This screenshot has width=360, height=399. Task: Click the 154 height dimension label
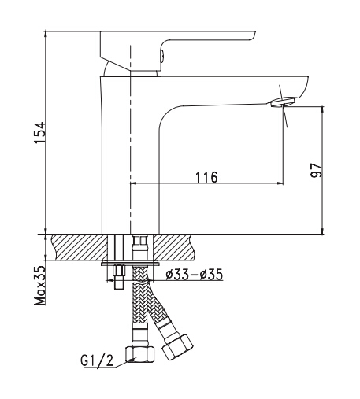point(40,133)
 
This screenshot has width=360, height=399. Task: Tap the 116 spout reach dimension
point(206,177)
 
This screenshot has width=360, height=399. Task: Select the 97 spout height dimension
point(316,170)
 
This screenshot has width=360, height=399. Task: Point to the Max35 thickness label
point(40,286)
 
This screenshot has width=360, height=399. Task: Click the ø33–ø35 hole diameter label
point(195,275)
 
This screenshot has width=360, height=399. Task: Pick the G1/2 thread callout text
point(97,361)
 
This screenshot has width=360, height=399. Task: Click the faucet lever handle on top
point(177,50)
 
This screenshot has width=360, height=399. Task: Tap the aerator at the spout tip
point(284,102)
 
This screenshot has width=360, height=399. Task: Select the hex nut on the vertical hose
point(140,354)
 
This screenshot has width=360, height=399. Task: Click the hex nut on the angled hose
point(177,347)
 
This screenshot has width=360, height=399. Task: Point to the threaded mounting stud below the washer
point(119,278)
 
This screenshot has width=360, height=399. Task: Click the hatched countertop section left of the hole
point(79,247)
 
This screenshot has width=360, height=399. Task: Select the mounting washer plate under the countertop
point(130,263)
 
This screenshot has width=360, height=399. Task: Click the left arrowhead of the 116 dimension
point(133,183)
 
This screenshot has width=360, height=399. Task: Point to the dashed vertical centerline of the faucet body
point(130,139)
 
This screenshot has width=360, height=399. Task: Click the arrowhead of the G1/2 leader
point(133,360)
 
